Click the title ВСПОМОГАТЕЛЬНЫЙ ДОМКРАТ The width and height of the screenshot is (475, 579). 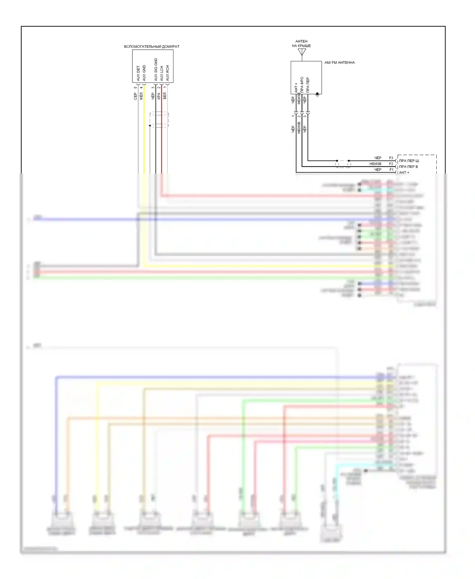point(151,47)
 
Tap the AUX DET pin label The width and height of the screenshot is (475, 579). point(138,73)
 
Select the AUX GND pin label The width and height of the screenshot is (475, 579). point(144,73)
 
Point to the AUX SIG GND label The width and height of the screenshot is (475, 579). point(155,69)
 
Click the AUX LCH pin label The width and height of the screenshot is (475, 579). point(161,73)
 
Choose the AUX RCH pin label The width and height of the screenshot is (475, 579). point(168,73)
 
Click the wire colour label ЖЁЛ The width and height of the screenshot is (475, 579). point(141,96)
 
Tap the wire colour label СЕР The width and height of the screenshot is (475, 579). point(135,96)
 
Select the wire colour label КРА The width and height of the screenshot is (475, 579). point(159,96)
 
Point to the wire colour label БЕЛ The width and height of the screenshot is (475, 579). point(165,96)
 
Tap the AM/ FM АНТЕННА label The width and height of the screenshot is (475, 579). point(339,63)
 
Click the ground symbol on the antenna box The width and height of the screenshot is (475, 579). point(317,95)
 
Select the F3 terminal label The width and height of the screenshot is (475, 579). point(391,158)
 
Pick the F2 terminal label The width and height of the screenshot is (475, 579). point(391,164)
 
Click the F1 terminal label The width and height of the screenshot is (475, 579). point(391,170)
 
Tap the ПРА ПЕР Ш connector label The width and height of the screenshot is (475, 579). point(409,161)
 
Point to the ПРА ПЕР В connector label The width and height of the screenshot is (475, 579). point(408,167)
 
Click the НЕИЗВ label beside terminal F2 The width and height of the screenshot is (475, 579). point(375,164)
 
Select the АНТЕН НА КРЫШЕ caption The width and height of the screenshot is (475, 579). point(301,43)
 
